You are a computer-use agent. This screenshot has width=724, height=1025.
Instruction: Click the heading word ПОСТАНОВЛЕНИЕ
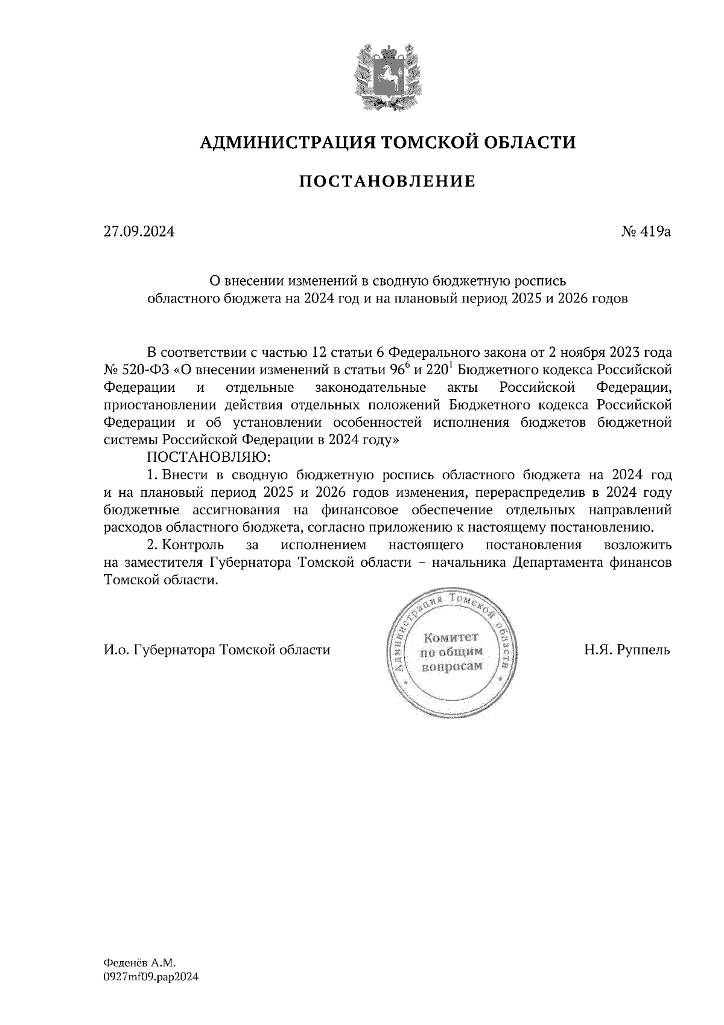tap(387, 181)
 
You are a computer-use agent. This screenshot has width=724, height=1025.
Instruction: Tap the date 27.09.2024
tap(139, 231)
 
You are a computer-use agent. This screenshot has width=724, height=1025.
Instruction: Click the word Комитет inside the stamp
tap(451, 637)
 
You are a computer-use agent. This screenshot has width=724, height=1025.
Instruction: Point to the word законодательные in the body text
tap(370, 387)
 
